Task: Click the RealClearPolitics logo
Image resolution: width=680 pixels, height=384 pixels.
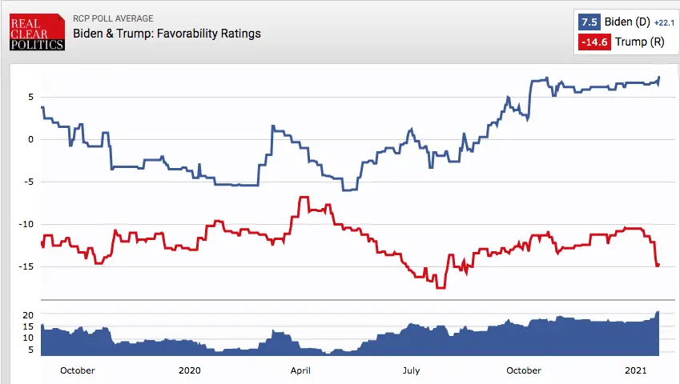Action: point(37,30)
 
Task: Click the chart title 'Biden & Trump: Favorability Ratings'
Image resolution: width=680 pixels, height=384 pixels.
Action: point(167,34)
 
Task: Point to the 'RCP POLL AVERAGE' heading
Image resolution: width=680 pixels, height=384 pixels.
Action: point(113,18)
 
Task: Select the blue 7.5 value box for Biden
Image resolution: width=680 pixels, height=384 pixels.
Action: point(589,22)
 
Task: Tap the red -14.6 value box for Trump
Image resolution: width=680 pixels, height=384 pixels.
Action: point(594,42)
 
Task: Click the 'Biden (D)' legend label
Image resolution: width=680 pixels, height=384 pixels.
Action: point(626,22)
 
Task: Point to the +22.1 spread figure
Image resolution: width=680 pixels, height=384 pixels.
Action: point(665,23)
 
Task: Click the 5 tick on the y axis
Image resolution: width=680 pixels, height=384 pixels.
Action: point(30,97)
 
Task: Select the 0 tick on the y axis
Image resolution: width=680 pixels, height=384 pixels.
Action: point(30,139)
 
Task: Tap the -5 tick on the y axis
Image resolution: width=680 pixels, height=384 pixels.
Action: point(28,182)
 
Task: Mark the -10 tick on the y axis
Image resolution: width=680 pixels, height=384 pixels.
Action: point(26,224)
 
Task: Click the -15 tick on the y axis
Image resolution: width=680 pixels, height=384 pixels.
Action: point(26,266)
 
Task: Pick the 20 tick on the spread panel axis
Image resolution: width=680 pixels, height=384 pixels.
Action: point(27,315)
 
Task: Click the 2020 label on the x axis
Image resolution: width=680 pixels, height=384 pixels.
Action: point(190,370)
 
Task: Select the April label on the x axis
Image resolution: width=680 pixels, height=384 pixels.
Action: point(300,370)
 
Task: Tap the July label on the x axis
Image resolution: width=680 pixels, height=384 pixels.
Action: point(411,370)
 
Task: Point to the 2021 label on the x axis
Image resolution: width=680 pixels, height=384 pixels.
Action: point(635,370)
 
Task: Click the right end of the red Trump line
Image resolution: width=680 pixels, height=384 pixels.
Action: point(658,265)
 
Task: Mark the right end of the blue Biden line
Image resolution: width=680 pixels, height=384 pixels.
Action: point(659,78)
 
